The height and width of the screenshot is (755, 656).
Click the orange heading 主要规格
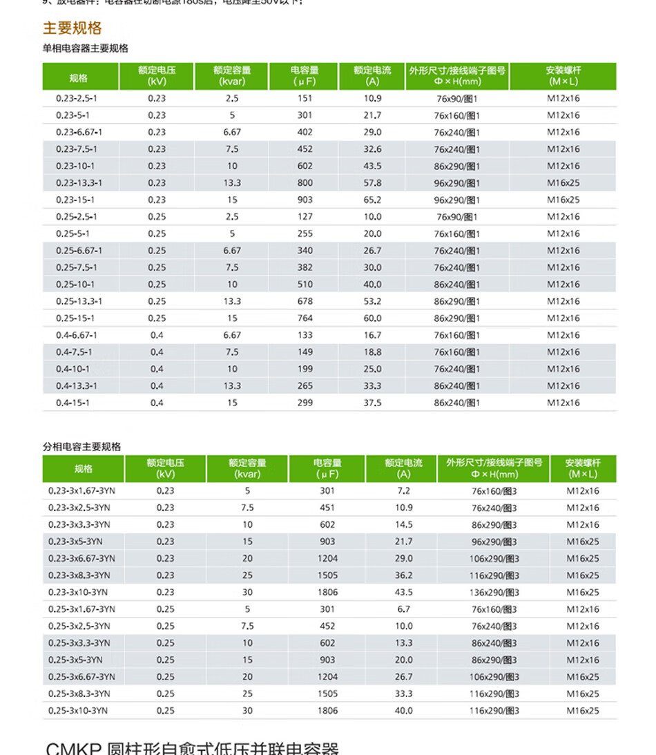pos(73,28)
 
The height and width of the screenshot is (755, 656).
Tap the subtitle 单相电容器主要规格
pos(86,48)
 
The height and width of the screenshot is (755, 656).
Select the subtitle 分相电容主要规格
pos(82,447)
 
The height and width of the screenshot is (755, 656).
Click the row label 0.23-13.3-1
pos(79,183)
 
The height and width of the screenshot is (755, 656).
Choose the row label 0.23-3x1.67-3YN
pos(81,491)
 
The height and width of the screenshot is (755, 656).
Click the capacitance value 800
pos(305,183)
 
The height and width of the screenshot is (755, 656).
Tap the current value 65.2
pos(372,200)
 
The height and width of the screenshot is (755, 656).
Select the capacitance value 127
pos(305,217)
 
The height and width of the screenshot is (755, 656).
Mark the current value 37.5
pos(372,403)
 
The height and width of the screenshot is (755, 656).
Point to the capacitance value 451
pos(327,508)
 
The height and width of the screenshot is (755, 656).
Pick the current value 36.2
pos(403,575)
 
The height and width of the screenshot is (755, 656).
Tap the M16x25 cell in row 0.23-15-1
pos(563,200)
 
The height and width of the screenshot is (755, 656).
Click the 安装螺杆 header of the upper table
pos(563,76)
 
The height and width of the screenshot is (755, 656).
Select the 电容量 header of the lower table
pos(327,468)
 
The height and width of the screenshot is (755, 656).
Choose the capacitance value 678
pos(305,301)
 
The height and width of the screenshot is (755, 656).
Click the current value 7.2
pos(403,491)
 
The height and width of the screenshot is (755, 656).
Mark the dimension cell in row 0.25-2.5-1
pos(457,217)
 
